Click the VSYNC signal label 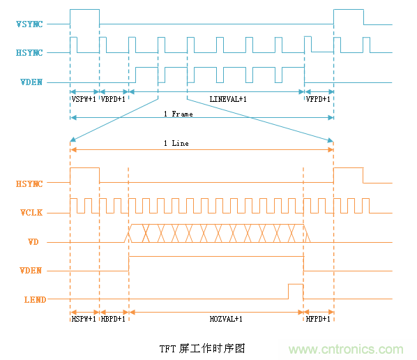29,25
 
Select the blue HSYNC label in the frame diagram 29,53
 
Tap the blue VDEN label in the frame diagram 31,82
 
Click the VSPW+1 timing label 84,99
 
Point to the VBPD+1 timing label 114,99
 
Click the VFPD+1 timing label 318,99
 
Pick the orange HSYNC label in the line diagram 29,184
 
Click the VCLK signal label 31,213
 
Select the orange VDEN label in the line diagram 31,271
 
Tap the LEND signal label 32,300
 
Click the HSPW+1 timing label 84,318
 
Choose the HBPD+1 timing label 114,318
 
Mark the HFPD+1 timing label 318,318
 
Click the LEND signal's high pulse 296,291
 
